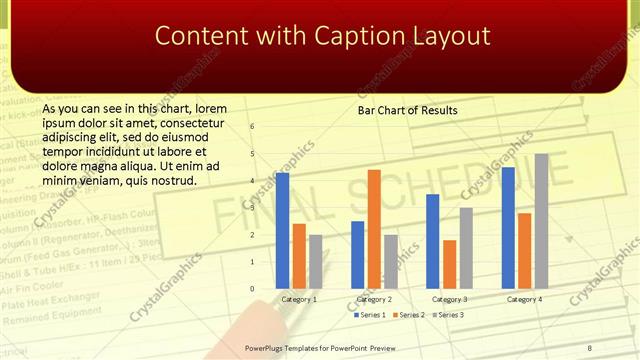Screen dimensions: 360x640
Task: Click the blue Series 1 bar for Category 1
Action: pos(282,230)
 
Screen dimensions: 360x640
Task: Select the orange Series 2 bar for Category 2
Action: pos(374,228)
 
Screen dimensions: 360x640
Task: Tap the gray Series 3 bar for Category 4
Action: pos(541,220)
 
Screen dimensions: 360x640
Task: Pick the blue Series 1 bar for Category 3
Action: pos(433,240)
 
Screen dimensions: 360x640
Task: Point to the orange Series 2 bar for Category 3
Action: pos(449,263)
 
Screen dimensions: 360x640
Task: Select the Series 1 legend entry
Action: pos(372,315)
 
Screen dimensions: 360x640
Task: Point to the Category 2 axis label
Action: pos(374,299)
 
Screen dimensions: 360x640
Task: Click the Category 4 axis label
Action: pos(524,299)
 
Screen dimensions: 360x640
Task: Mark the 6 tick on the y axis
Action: pos(252,126)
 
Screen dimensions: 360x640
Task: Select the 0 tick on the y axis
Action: pos(252,288)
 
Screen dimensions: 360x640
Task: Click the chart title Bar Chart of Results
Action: pos(408,110)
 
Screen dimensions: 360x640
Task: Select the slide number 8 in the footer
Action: pos(590,346)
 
